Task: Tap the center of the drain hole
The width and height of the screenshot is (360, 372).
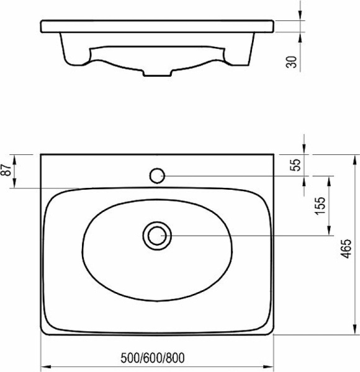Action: click(x=157, y=236)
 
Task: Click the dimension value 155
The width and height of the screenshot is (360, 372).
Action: click(x=320, y=205)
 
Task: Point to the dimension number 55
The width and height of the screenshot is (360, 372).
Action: click(x=296, y=165)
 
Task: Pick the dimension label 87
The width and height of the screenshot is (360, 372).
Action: click(x=7, y=169)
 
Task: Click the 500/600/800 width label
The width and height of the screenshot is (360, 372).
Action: click(x=152, y=358)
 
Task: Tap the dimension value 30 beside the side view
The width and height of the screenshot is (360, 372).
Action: click(x=292, y=62)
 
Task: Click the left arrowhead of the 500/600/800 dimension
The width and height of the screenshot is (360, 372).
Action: click(x=47, y=366)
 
